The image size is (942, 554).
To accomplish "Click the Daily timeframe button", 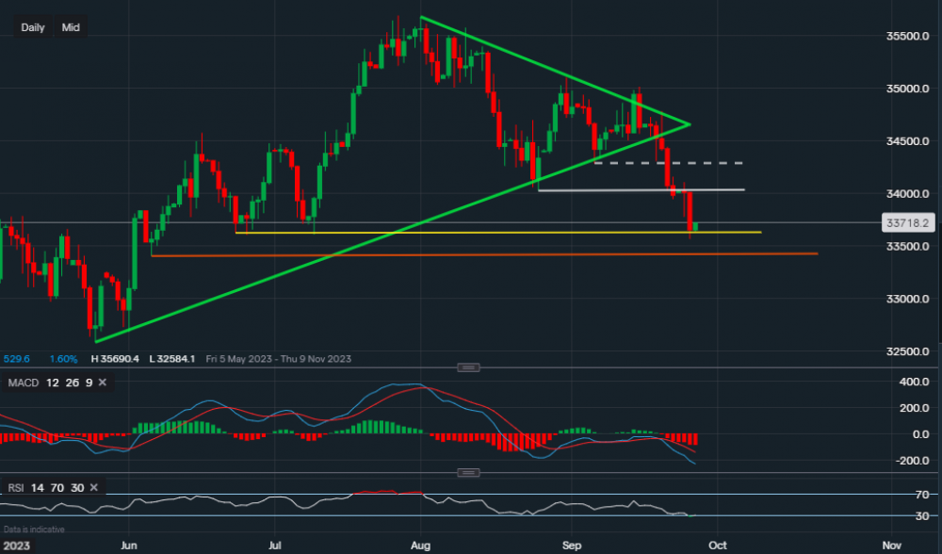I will [x=33, y=27].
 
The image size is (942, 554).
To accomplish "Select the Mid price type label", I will [x=71, y=27].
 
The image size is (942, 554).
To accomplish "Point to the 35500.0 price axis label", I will [x=907, y=36].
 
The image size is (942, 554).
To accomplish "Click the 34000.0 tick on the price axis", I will [x=907, y=194].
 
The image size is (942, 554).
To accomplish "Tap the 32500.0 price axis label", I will [x=907, y=351].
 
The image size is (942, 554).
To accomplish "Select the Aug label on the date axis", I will [x=421, y=545].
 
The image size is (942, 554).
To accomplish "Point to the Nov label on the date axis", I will [x=891, y=545].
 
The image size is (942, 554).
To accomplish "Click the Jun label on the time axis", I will [x=130, y=545].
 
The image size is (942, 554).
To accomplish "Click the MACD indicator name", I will [x=23, y=382].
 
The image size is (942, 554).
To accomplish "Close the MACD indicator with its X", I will [x=101, y=382].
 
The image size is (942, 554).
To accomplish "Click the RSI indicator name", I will [x=16, y=487].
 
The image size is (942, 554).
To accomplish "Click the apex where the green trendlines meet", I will [x=690, y=124].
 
